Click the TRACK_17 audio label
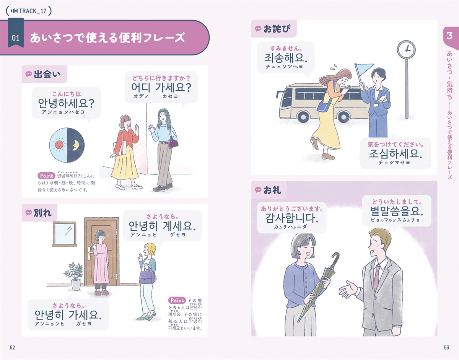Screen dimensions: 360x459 (29, 10)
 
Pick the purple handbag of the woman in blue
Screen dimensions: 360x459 (173, 142)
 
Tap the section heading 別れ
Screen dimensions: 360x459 (42, 213)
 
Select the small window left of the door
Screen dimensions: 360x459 (64, 233)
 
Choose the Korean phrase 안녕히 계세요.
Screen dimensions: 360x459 (162, 226)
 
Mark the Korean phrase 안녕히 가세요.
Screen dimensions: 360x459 (68, 315)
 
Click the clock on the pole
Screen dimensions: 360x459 (406, 49)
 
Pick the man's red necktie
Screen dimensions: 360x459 (377, 277)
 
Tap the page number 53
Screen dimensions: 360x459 (446, 347)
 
